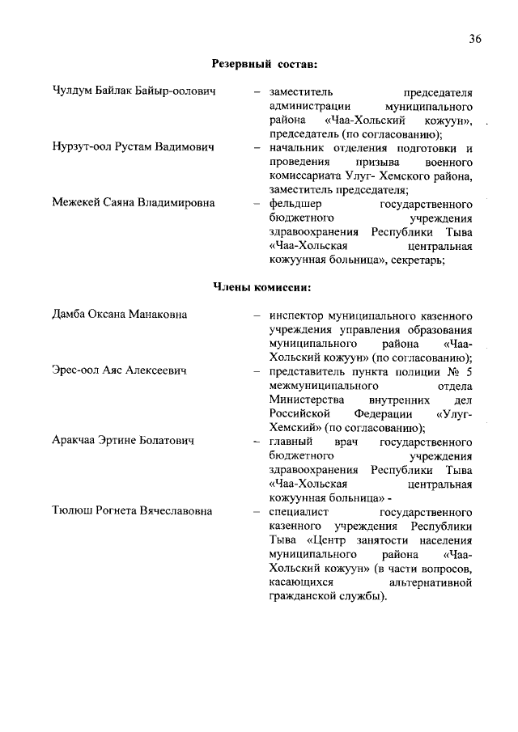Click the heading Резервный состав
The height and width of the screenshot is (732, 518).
coord(264,63)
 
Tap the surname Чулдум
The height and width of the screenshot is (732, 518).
coord(74,92)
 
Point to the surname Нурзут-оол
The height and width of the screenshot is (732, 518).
coord(85,148)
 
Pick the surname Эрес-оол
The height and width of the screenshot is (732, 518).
coord(76,370)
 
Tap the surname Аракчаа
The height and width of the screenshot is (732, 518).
coord(77,442)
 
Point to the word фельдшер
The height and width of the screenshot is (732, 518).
coord(296,203)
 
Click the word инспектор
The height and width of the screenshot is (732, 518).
coord(298,315)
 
